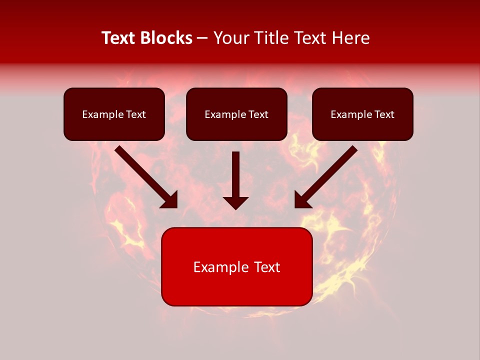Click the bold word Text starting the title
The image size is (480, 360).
pos(119,38)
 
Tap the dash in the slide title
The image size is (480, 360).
pos(202,38)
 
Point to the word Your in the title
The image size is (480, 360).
pos(230,38)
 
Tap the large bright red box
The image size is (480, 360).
pos(236,287)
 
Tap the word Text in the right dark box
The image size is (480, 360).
pos(384,114)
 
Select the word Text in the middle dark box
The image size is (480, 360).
pos(258,114)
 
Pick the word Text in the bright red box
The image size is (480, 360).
pos(267,267)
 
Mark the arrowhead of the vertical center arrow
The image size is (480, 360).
pos(235,202)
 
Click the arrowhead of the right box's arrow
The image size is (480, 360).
pos(301,200)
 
